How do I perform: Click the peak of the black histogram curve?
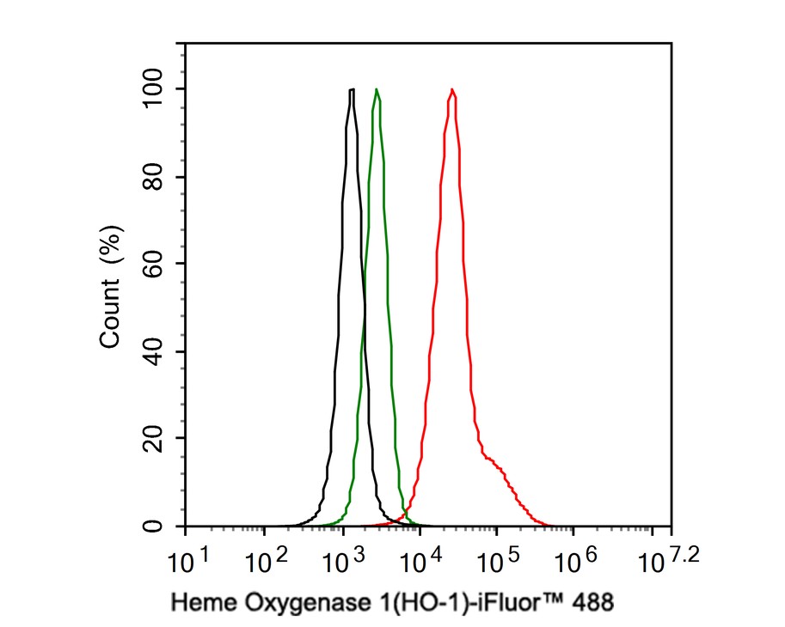(x=352, y=89)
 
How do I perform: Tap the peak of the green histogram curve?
(x=377, y=89)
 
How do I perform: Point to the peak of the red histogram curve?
(x=451, y=89)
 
